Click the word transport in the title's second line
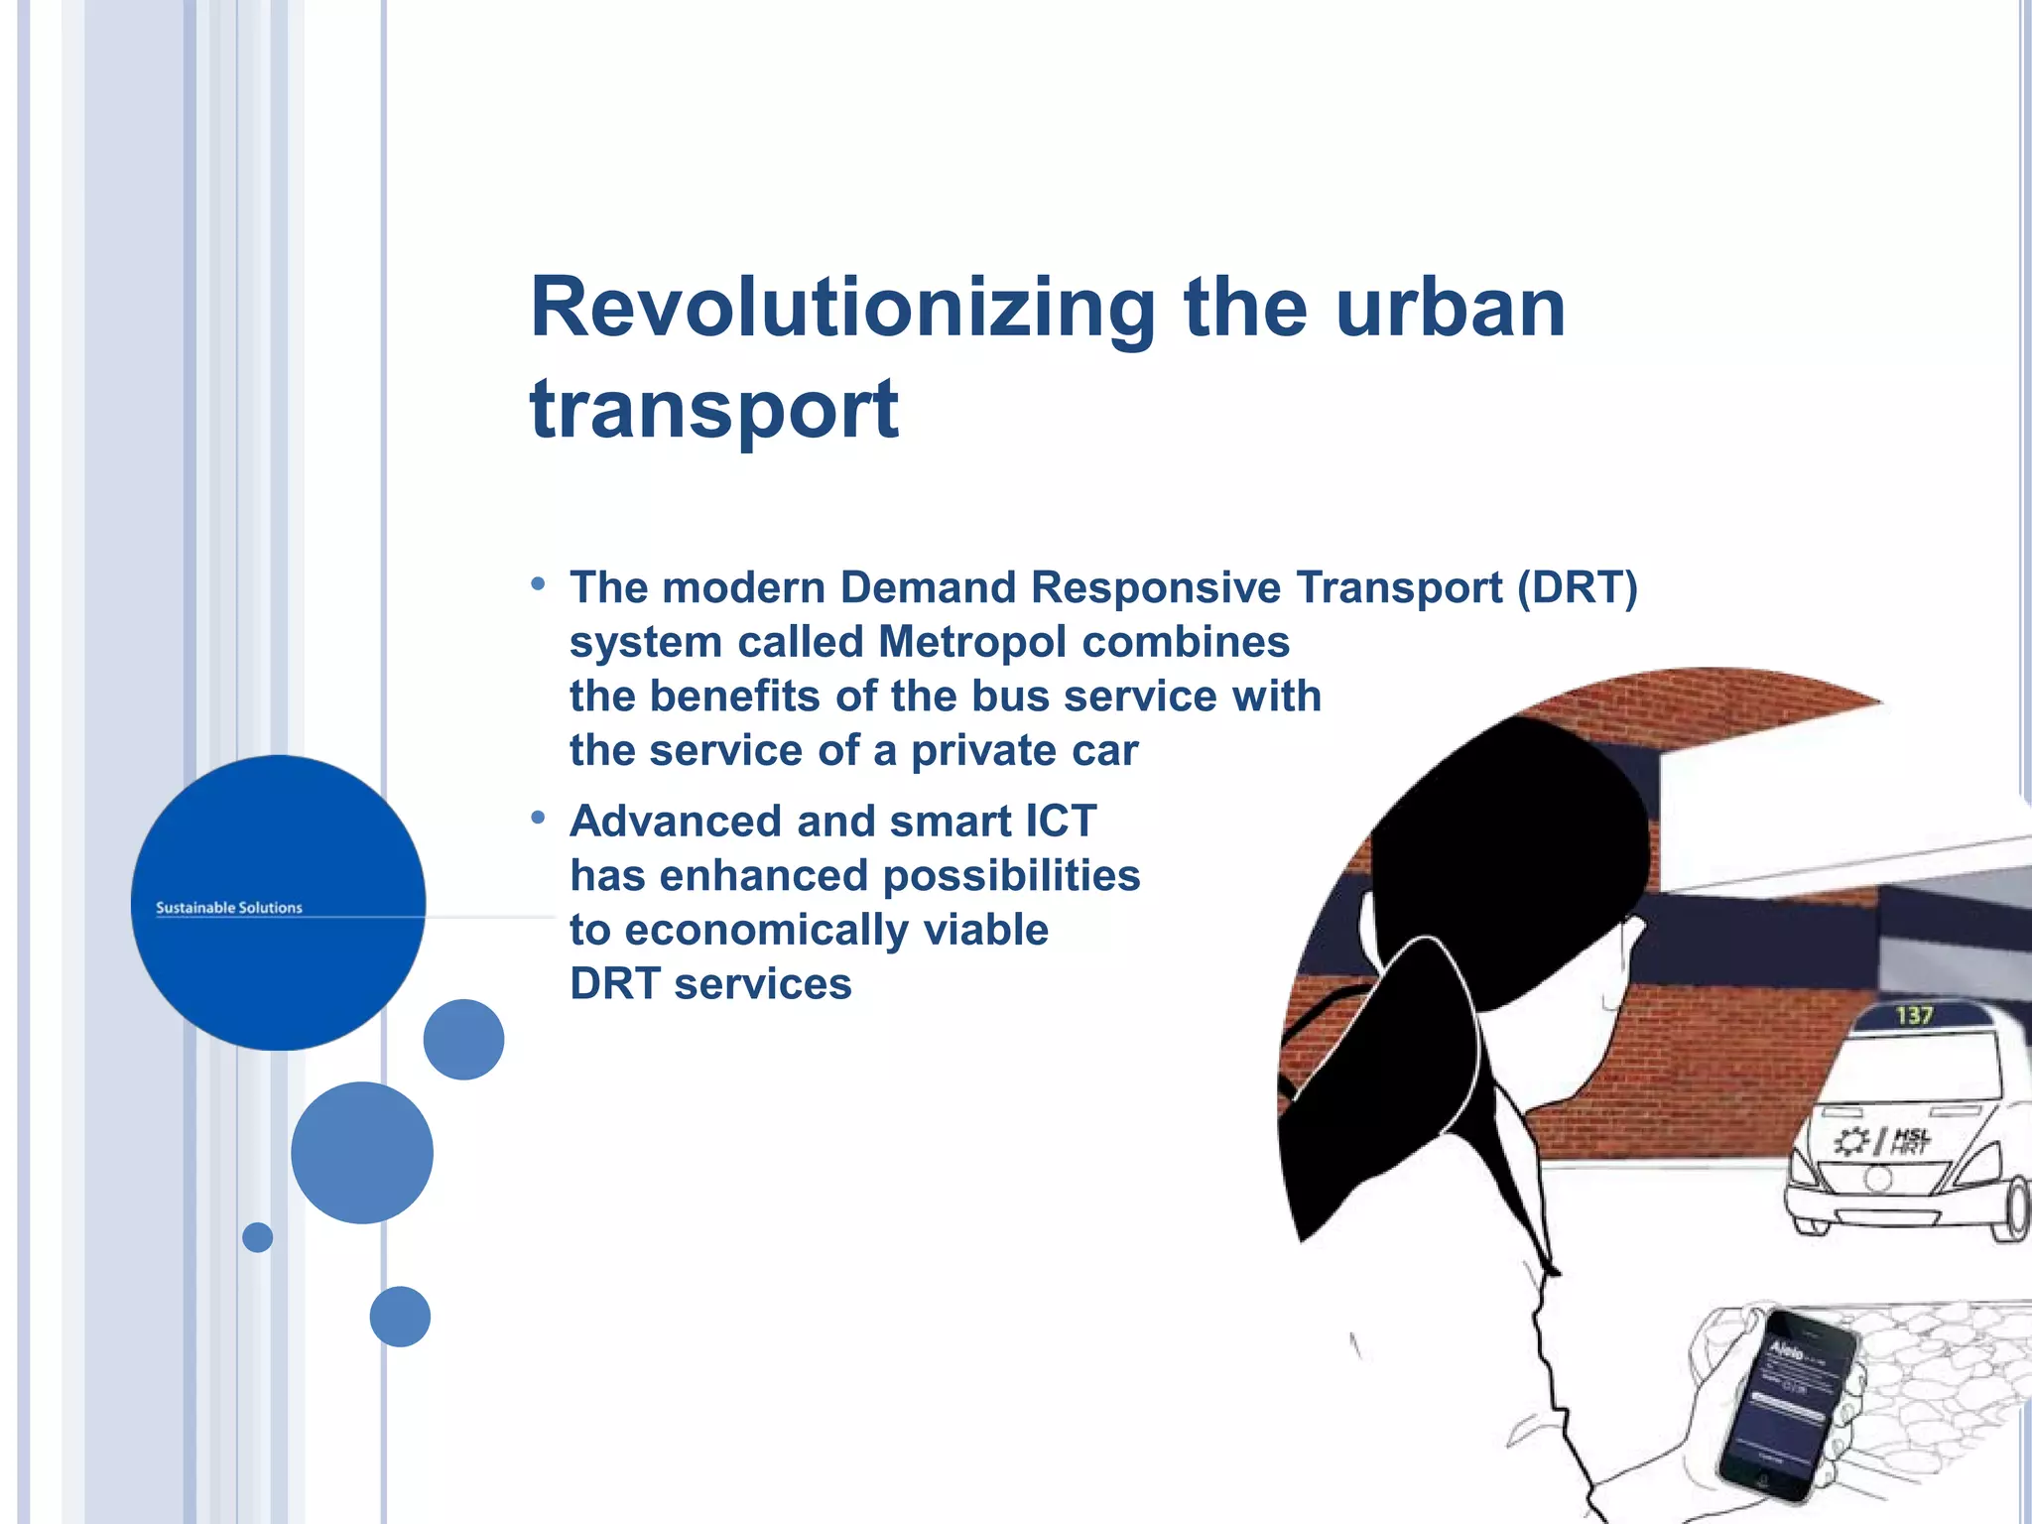tap(714, 410)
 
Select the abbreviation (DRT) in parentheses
tap(1577, 587)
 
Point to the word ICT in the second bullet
tap(1060, 822)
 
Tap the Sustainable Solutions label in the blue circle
tap(229, 907)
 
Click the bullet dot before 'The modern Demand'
tap(538, 584)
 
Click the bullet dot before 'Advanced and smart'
tap(538, 818)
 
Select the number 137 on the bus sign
tap(1914, 1015)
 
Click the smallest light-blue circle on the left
tap(257, 1237)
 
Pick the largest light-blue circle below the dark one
tap(362, 1152)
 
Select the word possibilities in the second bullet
tap(1011, 876)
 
